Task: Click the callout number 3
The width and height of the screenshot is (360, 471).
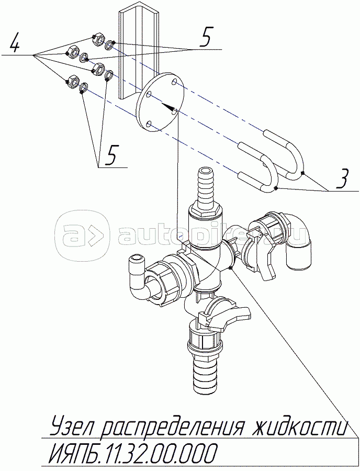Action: point(341,180)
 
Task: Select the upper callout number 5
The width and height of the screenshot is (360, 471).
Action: point(205,38)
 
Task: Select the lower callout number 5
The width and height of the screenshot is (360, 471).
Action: point(111,155)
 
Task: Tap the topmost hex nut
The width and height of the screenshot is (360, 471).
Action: point(97,39)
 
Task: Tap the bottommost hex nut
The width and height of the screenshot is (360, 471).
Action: point(73,81)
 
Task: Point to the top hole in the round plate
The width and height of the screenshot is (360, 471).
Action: point(174,83)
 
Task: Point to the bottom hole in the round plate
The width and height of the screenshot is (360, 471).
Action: point(149,124)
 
